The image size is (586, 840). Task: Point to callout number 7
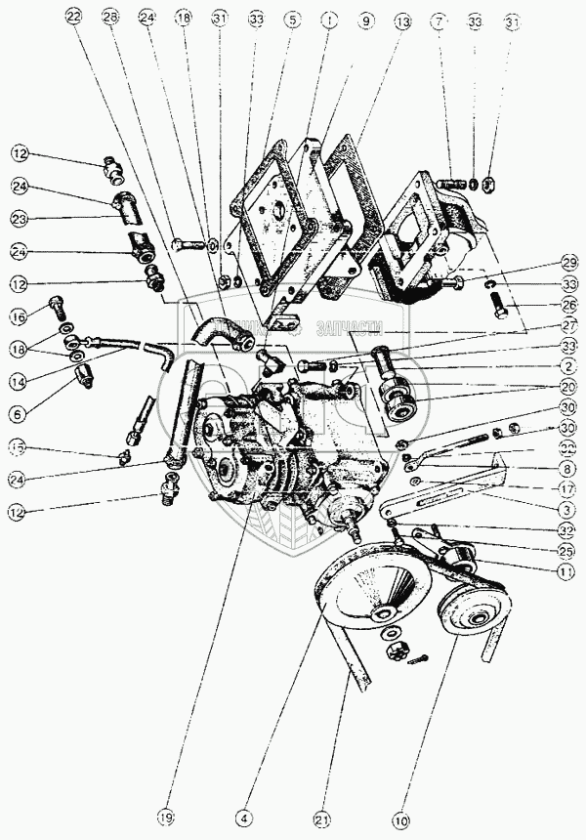(440, 18)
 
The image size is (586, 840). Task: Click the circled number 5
(290, 18)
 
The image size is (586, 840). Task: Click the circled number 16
(19, 315)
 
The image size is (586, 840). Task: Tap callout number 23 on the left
(19, 219)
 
